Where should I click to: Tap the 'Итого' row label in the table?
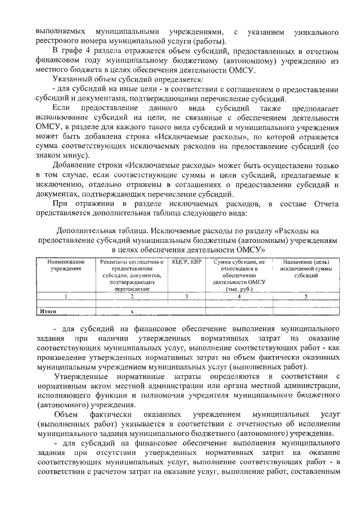(48, 310)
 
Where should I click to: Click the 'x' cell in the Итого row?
(132, 310)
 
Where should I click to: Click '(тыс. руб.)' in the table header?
(240, 289)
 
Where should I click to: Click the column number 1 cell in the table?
(66, 296)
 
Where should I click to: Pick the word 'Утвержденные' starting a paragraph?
(85, 376)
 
